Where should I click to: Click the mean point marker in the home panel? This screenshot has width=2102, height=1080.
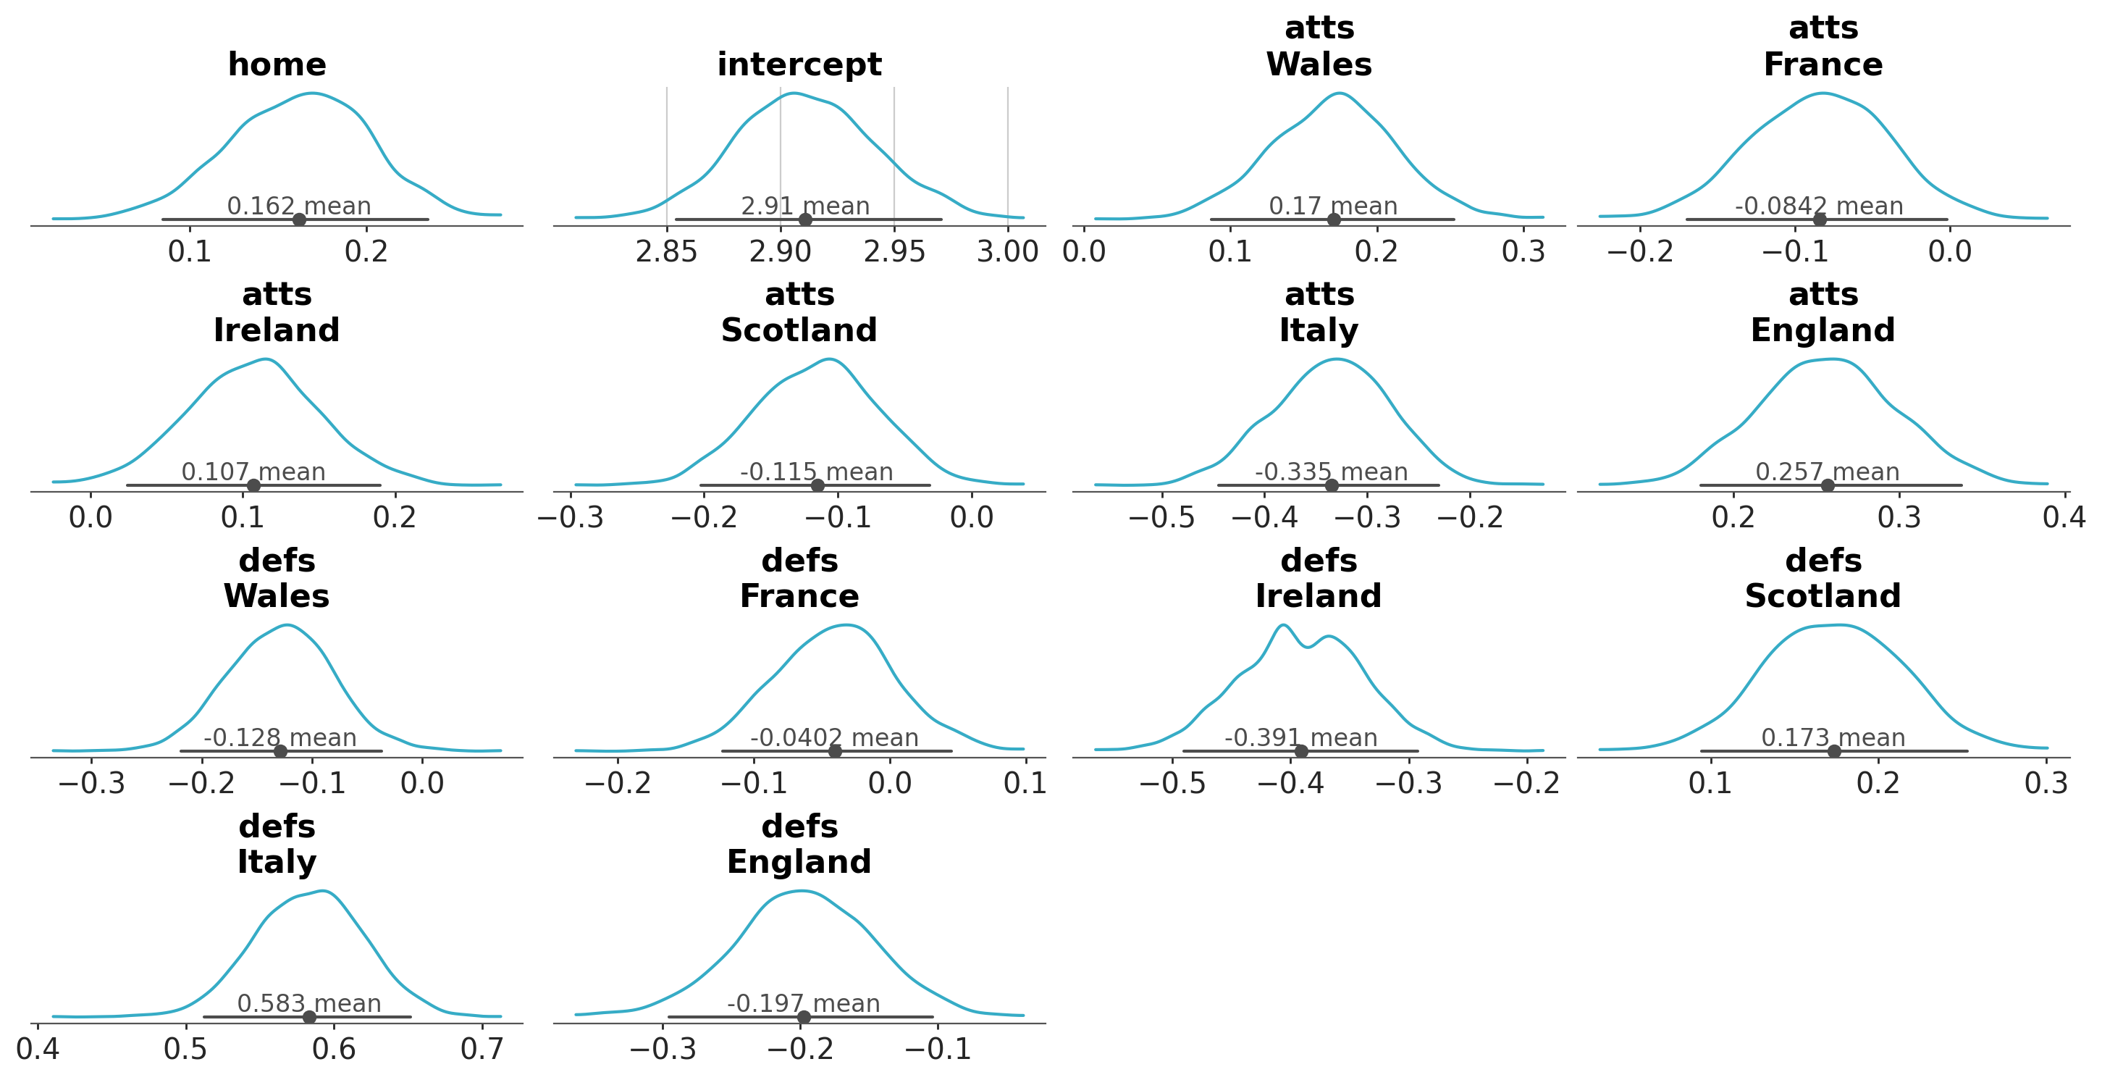click(300, 219)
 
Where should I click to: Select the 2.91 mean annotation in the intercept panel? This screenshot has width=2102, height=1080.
click(804, 206)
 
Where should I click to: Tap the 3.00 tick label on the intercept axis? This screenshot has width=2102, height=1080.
click(1008, 251)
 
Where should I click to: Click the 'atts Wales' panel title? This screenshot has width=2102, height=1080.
click(1319, 46)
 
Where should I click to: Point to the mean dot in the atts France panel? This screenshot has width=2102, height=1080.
click(1820, 219)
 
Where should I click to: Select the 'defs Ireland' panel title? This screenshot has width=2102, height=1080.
click(1319, 578)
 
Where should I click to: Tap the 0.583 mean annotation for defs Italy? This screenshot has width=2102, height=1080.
click(309, 1003)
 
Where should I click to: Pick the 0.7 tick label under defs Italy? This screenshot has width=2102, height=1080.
click(482, 1049)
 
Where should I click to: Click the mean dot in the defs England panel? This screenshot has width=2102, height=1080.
click(804, 1017)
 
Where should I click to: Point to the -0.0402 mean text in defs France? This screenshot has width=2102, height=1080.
click(834, 738)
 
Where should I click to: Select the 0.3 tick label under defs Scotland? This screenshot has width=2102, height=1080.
click(2046, 784)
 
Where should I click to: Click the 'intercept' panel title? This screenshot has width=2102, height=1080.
click(799, 64)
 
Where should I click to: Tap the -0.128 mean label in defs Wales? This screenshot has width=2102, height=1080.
click(280, 738)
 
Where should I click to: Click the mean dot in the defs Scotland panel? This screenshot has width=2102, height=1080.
click(1834, 751)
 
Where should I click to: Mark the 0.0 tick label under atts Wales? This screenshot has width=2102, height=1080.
click(1084, 251)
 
